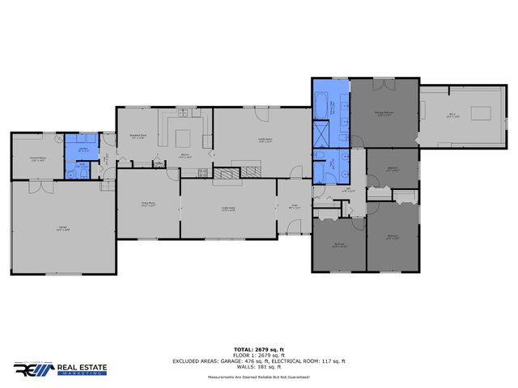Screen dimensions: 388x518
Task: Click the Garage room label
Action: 62,227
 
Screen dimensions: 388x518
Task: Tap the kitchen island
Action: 185,136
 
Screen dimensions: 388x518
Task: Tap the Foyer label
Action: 295,208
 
